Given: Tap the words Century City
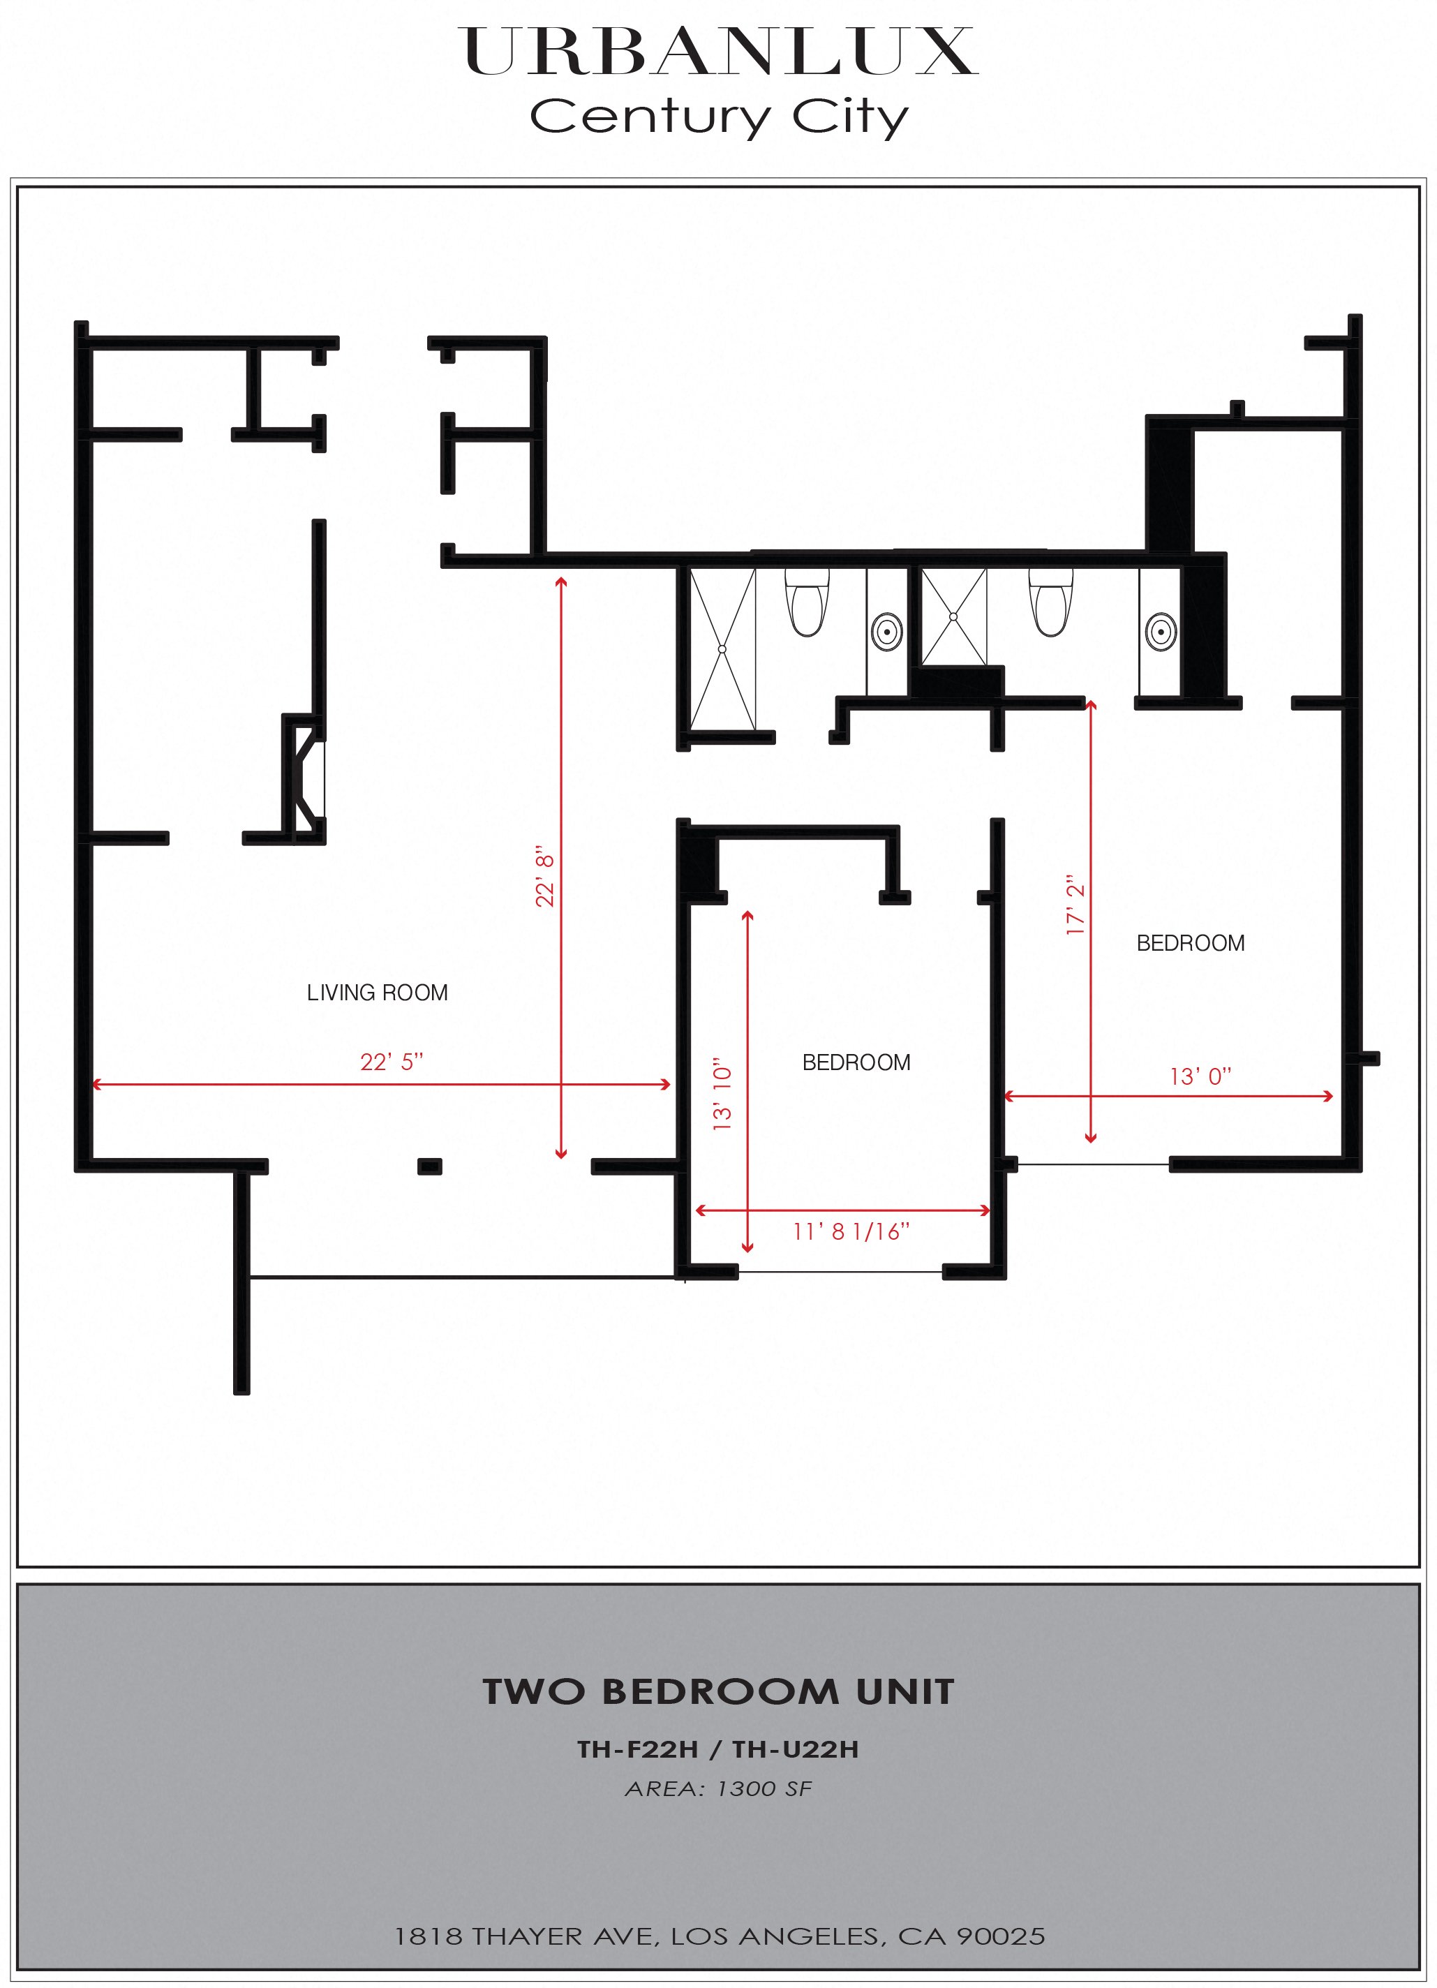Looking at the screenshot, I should click(x=719, y=117).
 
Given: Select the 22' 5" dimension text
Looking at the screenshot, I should click(x=391, y=1062).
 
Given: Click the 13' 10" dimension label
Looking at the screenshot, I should click(x=722, y=1097).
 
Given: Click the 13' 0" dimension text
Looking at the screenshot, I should click(x=1200, y=1076).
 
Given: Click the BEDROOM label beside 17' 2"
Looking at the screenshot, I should click(x=1190, y=943).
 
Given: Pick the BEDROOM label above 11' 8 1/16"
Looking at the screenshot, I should click(x=856, y=1062).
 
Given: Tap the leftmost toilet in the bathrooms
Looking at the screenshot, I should click(x=807, y=602).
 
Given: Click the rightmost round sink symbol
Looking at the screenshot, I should click(x=1161, y=630).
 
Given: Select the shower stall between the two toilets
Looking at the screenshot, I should click(x=953, y=616).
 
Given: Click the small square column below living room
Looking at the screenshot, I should click(x=429, y=1166).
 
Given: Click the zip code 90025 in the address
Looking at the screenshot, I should click(x=1001, y=1936).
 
